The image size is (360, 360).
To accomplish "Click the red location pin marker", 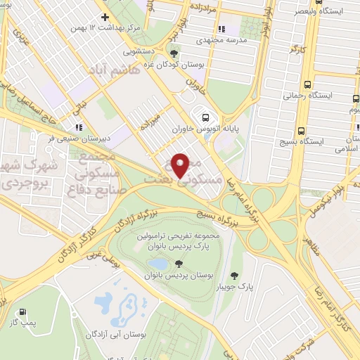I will coord(181,165).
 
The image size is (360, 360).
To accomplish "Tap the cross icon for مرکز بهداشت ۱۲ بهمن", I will coord(105,17).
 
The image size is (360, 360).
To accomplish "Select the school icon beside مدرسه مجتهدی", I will coord(221,30).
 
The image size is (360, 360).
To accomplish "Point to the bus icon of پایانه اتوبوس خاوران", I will coord(205,117).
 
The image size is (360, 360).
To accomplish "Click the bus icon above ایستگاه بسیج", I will coord(301,131).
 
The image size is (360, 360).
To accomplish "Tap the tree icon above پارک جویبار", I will coord(234,275).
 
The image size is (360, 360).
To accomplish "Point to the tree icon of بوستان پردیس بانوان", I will coord(177,264).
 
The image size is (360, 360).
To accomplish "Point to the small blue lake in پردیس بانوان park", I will coord(157,264).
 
